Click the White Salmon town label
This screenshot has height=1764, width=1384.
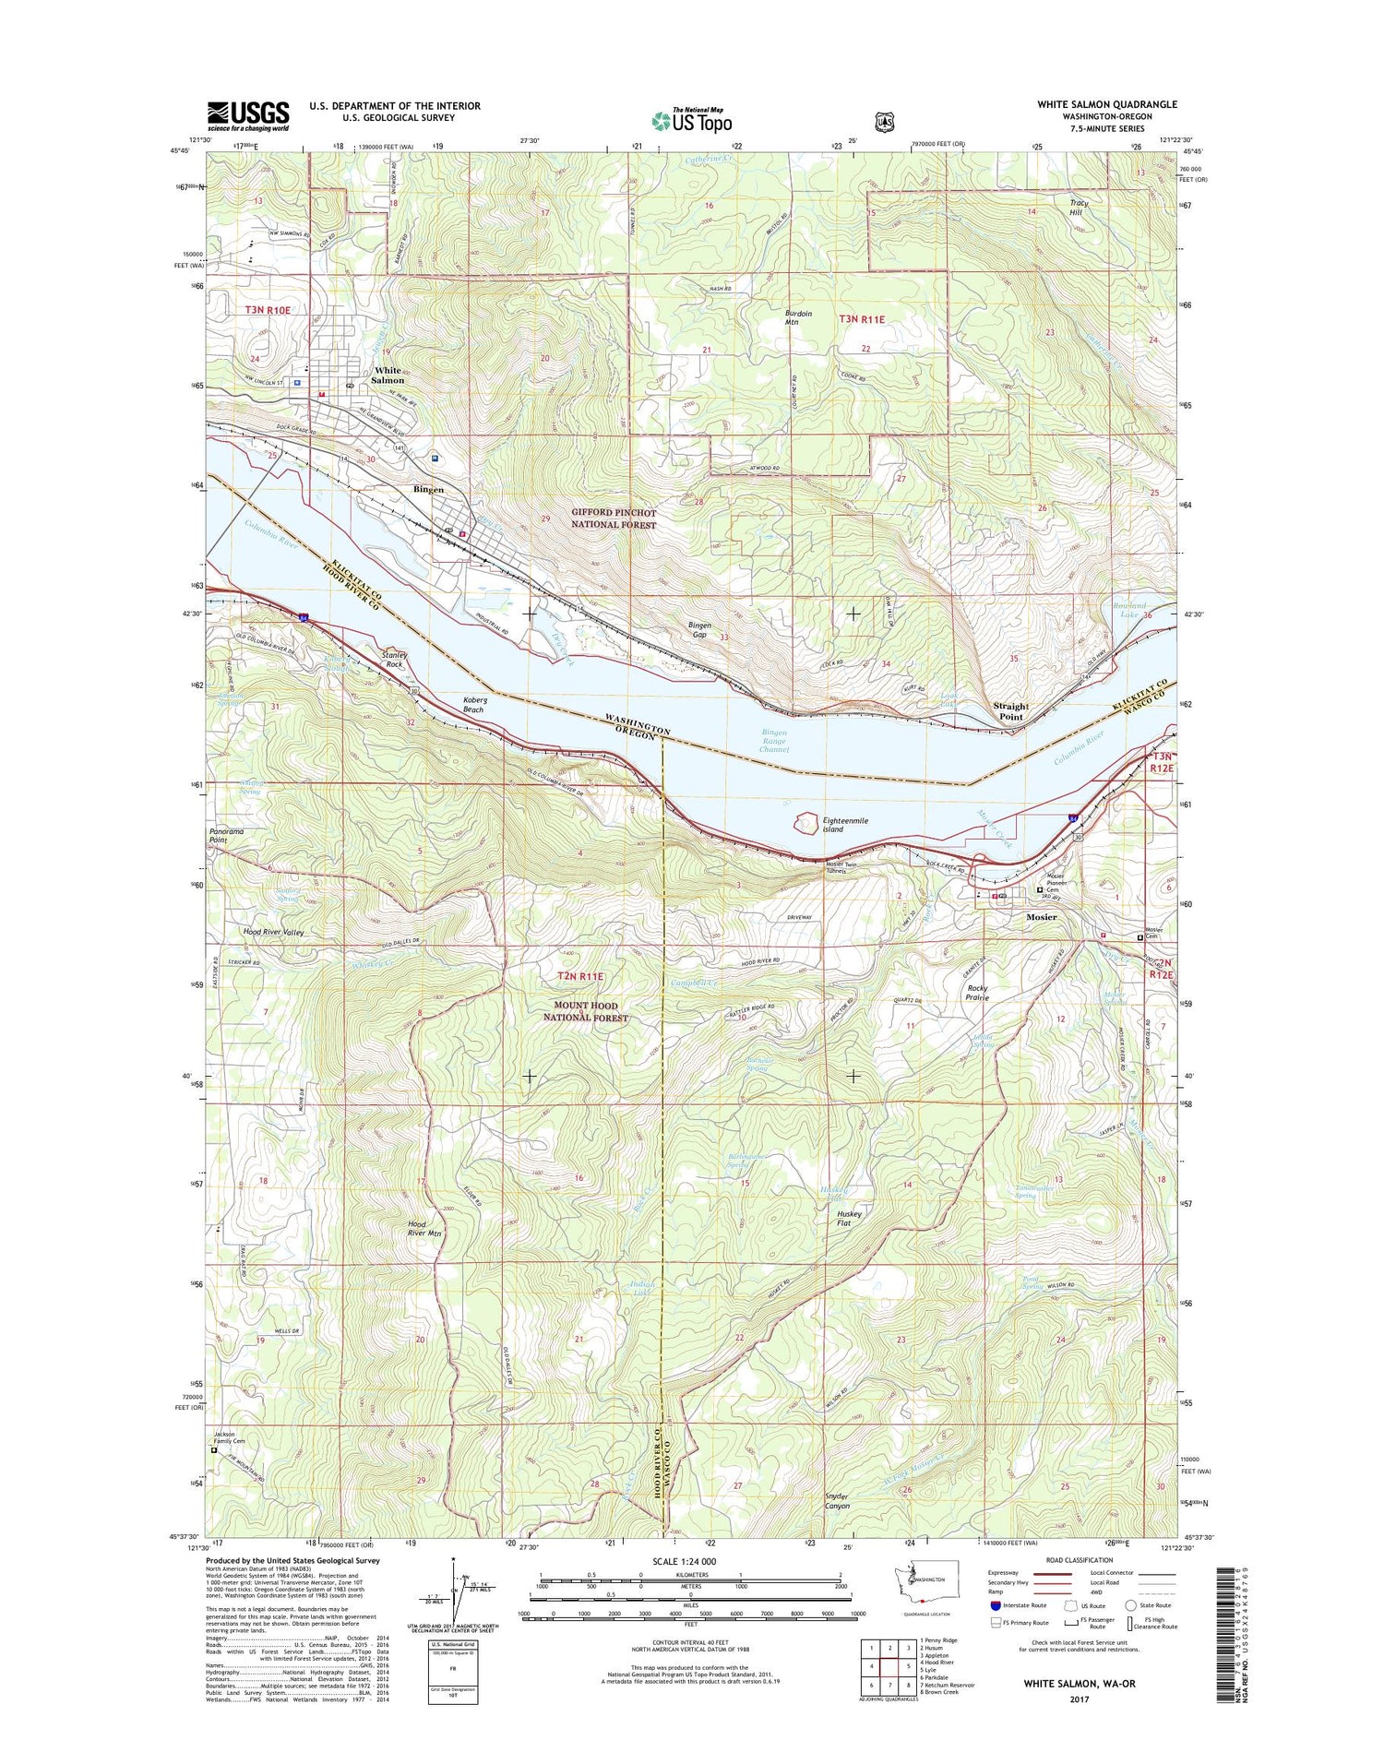388,375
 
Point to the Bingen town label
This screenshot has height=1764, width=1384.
428,489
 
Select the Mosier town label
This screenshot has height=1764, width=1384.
1042,917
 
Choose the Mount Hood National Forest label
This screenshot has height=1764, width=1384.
591,1011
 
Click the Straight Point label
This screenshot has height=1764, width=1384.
1010,710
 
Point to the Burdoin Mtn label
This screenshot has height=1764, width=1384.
798,317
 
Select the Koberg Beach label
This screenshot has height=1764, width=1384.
474,704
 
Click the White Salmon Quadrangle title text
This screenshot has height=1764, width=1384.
1106,104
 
